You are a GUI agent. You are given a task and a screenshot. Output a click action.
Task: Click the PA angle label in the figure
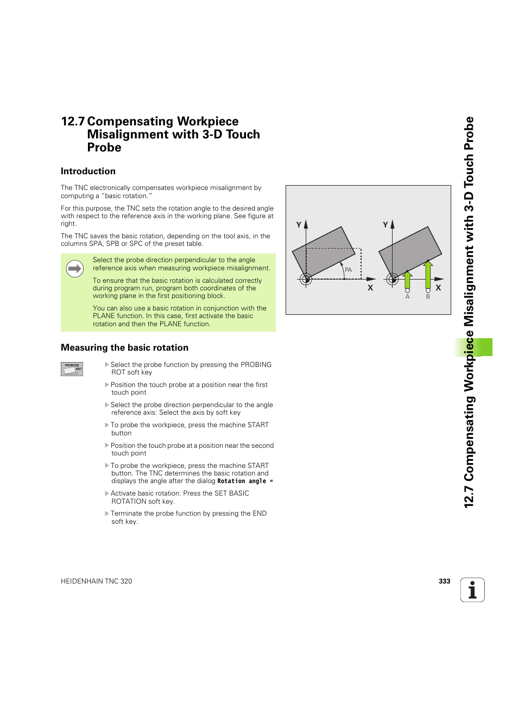pyautogui.click(x=348, y=270)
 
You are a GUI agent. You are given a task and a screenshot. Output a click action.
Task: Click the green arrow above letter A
pyautogui.click(x=407, y=280)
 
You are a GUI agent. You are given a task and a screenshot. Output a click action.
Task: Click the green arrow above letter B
pyautogui.click(x=428, y=274)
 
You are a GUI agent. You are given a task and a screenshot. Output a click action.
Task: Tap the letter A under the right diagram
pyautogui.click(x=407, y=297)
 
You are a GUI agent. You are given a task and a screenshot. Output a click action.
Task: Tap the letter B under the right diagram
pyautogui.click(x=428, y=297)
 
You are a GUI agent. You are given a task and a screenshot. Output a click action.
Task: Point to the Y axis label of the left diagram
pyautogui.click(x=299, y=225)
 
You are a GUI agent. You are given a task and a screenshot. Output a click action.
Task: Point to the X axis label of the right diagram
pyautogui.click(x=438, y=288)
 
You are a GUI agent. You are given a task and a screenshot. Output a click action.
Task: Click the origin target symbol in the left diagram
pyautogui.click(x=306, y=280)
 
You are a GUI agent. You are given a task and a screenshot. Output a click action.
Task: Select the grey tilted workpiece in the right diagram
pyautogui.click(x=410, y=250)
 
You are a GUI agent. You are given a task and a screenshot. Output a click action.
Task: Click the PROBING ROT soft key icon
pyautogui.click(x=72, y=369)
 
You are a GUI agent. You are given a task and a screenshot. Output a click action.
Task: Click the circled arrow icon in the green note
pyautogui.click(x=74, y=269)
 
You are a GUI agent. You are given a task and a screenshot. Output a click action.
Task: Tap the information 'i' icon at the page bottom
pyautogui.click(x=472, y=590)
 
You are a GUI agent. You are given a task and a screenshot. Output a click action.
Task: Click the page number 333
pyautogui.click(x=444, y=581)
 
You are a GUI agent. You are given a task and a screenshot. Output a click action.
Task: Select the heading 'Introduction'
pyautogui.click(x=88, y=172)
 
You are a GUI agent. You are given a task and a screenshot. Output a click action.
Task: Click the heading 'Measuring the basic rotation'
pyautogui.click(x=124, y=348)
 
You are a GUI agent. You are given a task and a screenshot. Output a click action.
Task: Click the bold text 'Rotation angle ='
pyautogui.click(x=245, y=481)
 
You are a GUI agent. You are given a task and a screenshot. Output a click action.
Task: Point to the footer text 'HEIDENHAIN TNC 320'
pyautogui.click(x=96, y=581)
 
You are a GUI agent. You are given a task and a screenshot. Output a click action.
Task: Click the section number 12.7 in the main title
pyautogui.click(x=72, y=122)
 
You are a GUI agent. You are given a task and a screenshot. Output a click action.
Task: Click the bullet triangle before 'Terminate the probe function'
pyautogui.click(x=107, y=514)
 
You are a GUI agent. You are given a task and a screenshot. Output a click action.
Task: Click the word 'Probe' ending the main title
pyautogui.click(x=104, y=148)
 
